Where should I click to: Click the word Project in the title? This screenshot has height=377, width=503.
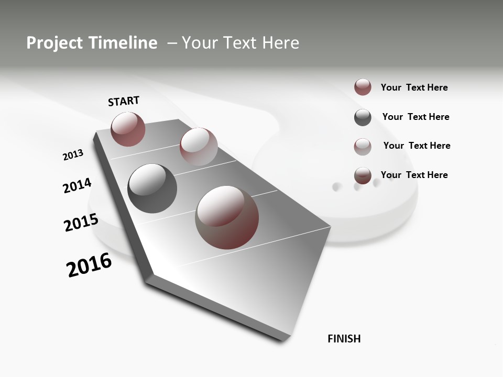(x=51, y=43)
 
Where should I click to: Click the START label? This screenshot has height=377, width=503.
(x=124, y=101)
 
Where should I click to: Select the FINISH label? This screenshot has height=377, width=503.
(x=344, y=339)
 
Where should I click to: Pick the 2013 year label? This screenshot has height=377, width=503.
(x=73, y=155)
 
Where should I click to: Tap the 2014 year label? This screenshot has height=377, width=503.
(x=77, y=185)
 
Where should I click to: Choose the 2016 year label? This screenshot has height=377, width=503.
(x=89, y=265)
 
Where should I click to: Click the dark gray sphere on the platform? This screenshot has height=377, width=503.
(x=152, y=188)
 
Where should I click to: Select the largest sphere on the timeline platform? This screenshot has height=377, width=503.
(x=227, y=217)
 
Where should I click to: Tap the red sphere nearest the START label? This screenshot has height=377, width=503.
(x=128, y=129)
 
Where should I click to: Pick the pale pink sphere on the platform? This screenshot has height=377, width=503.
(x=199, y=147)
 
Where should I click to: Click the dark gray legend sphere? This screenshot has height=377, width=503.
(x=363, y=117)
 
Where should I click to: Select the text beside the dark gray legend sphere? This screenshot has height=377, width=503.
(x=415, y=117)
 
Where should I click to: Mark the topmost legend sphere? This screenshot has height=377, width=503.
(x=363, y=87)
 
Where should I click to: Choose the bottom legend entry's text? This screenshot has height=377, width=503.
(x=414, y=175)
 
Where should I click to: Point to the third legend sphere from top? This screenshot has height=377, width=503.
(x=363, y=147)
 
